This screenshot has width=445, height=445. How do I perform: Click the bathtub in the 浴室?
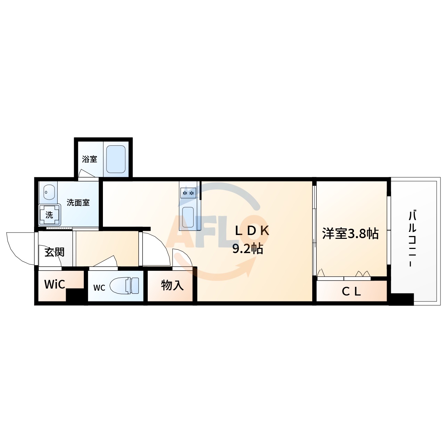[116, 159]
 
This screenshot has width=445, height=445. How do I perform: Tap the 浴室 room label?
[89, 159]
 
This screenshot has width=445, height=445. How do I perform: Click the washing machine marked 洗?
[49, 215]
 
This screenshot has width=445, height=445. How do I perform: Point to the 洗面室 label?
[78, 203]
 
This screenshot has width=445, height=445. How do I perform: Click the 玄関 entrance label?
[55, 252]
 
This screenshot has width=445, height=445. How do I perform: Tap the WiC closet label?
[55, 284]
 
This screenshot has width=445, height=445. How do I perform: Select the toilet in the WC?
[124, 285]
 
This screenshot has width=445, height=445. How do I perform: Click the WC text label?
[99, 288]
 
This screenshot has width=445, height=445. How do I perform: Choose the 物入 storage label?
[172, 285]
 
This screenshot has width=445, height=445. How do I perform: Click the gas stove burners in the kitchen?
[188, 193]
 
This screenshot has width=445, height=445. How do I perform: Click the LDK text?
[252, 231]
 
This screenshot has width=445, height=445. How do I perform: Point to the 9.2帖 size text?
[248, 249]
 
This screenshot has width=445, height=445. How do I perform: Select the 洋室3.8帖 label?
[350, 234]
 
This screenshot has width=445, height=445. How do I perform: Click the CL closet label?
[351, 291]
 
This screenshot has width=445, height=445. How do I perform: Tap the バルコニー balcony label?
[412, 238]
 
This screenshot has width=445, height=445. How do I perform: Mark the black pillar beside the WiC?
[76, 296]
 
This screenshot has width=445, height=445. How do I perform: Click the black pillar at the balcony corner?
[402, 299]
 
